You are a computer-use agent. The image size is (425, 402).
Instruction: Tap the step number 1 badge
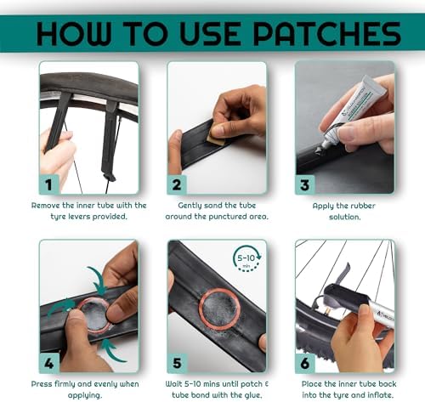click(49, 184)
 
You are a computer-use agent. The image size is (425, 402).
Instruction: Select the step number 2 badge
click(177, 184)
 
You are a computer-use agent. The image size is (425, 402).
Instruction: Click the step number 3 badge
click(305, 185)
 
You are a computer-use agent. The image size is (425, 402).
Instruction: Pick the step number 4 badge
click(49, 363)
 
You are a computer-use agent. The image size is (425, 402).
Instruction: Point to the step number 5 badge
click(177, 363)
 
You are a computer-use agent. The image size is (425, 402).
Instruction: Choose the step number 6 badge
click(305, 363)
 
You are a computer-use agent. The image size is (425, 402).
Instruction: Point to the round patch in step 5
click(219, 309)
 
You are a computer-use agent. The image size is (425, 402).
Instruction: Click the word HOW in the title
click(73, 34)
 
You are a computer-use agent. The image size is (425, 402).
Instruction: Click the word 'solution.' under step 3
click(345, 217)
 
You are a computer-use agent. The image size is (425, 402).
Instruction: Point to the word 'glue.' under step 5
click(252, 395)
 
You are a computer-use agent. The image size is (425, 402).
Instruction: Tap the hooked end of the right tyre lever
click(110, 177)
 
